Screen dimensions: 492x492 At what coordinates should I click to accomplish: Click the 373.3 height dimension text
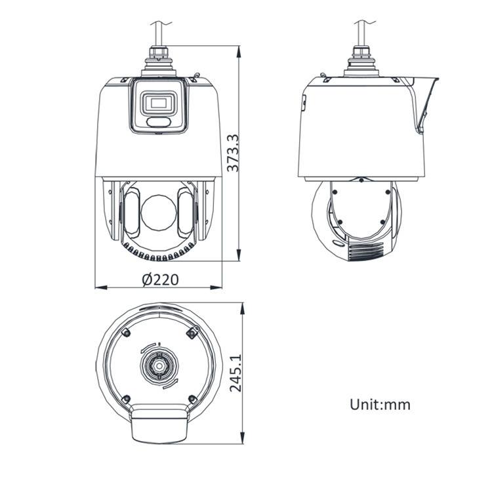(x=233, y=153)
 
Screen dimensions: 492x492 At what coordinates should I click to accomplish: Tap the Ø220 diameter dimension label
(x=160, y=279)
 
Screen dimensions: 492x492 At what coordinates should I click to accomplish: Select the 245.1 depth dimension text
(x=236, y=373)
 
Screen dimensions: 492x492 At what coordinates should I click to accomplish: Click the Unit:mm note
(x=380, y=405)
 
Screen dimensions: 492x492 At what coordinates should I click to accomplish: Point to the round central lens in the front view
(x=159, y=213)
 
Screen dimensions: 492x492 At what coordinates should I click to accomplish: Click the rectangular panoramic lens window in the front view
(x=159, y=102)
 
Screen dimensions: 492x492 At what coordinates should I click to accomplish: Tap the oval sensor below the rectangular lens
(x=159, y=122)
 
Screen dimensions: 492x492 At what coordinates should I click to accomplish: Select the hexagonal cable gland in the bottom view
(x=159, y=366)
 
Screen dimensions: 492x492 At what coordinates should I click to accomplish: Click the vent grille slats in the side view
(x=366, y=251)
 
